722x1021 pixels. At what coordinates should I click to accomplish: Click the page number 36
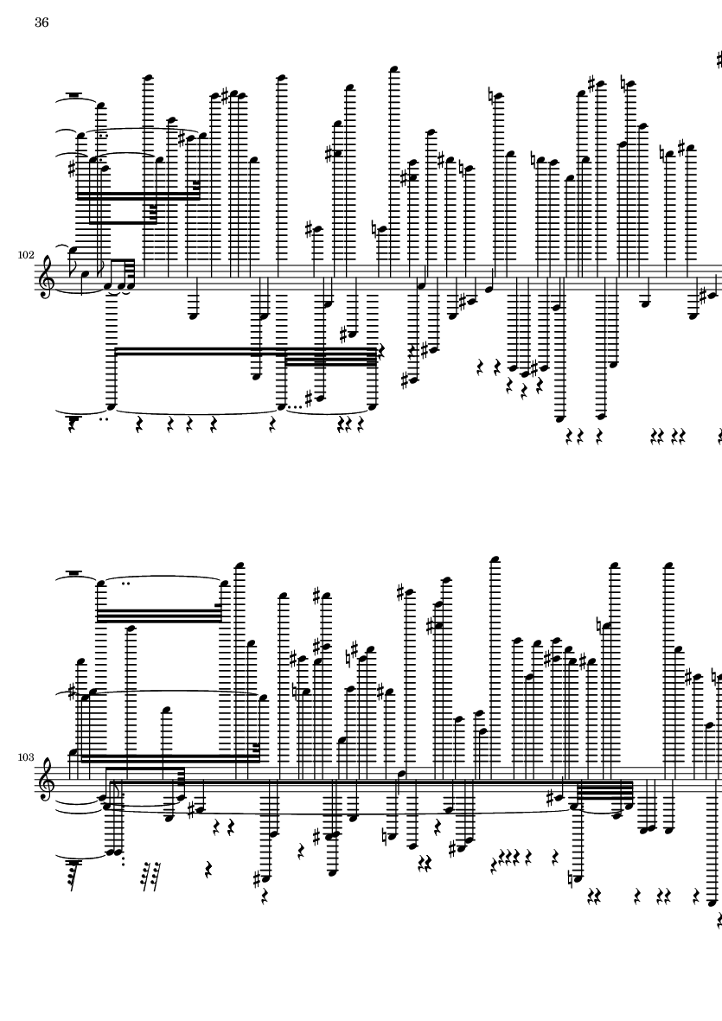pyautogui.click(x=42, y=22)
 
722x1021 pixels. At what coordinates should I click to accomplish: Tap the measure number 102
pyautogui.click(x=25, y=254)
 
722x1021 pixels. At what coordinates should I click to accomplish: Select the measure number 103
pyautogui.click(x=25, y=757)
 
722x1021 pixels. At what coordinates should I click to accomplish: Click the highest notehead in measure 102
pyautogui.click(x=393, y=67)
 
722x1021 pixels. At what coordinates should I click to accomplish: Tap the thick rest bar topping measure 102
pyautogui.click(x=73, y=96)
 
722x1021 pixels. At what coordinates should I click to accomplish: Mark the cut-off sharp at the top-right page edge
pyautogui.click(x=719, y=61)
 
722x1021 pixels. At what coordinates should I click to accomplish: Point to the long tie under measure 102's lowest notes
pyautogui.click(x=195, y=411)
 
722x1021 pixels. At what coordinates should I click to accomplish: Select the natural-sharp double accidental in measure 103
pyautogui.click(x=353, y=650)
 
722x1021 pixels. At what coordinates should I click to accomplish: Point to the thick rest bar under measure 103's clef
pyautogui.click(x=73, y=863)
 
